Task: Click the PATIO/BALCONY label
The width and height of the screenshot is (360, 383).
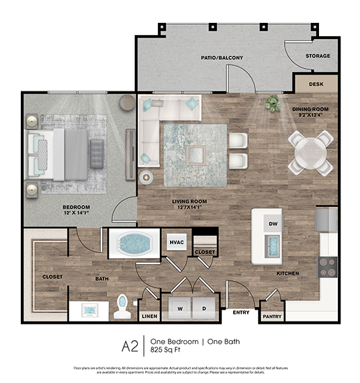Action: (222, 58)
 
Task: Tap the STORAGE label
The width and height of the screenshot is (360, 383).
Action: (318, 56)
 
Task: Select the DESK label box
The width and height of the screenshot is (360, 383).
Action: (316, 85)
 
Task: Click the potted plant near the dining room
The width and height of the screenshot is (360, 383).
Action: (273, 103)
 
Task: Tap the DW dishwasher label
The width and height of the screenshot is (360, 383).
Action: (273, 224)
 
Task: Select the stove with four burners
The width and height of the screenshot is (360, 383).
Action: (328, 267)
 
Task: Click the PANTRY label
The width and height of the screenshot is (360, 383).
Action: (273, 315)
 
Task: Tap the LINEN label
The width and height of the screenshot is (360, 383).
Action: (149, 315)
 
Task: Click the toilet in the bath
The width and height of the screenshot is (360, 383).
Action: (123, 306)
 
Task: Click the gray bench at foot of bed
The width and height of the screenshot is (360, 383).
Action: (97, 148)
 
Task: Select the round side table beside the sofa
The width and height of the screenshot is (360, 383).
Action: (145, 178)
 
